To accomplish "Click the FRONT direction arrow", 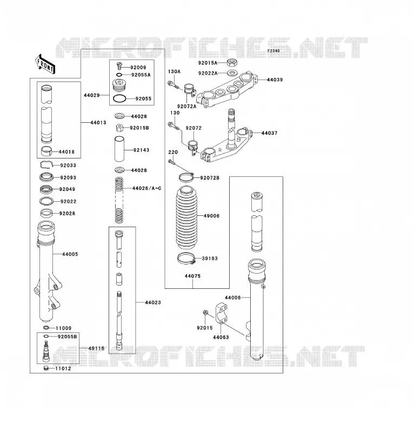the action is pyautogui.click(x=45, y=64).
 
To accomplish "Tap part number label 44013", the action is pyautogui.click(x=98, y=122).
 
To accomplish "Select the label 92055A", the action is pyautogui.click(x=141, y=75).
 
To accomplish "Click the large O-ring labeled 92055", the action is pyautogui.click(x=119, y=99).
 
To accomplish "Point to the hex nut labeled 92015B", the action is pyautogui.click(x=120, y=128).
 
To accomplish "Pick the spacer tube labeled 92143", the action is pyautogui.click(x=119, y=149).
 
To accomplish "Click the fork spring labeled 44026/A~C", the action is pyautogui.click(x=119, y=200).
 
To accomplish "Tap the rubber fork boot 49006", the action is pyautogui.click(x=186, y=217).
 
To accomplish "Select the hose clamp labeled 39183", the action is pyautogui.click(x=186, y=258).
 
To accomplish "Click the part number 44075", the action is pyautogui.click(x=193, y=276).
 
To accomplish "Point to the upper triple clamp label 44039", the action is pyautogui.click(x=275, y=80).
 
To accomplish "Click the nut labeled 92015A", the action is pyautogui.click(x=232, y=63).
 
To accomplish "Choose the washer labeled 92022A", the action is pyautogui.click(x=232, y=73).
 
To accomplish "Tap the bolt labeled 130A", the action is pyautogui.click(x=173, y=85).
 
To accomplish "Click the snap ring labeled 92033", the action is pyautogui.click(x=47, y=164).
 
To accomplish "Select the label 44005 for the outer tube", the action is pyautogui.click(x=70, y=254).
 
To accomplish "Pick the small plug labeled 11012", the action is pyautogui.click(x=46, y=368).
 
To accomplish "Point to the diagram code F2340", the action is pyautogui.click(x=273, y=51).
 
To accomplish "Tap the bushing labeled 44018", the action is pyautogui.click(x=46, y=151).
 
